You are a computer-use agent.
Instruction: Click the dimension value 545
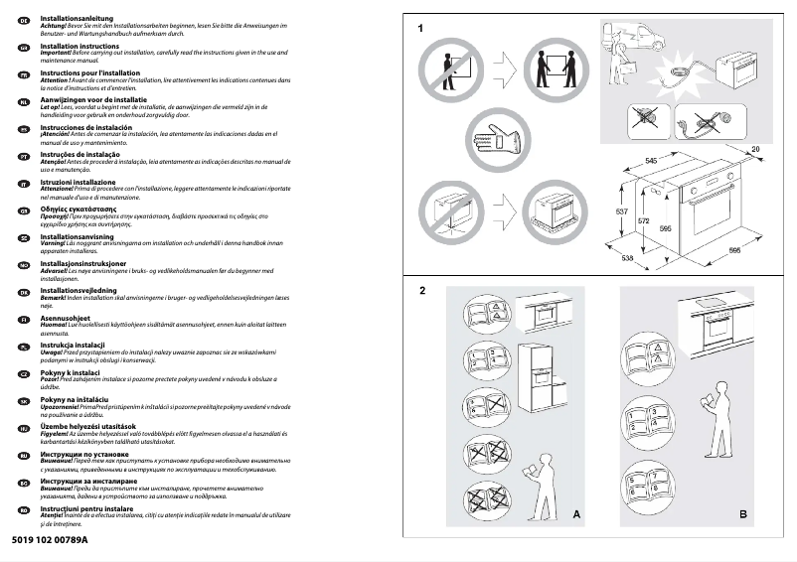pyautogui.click(x=652, y=160)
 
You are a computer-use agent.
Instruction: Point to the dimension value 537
pyautogui.click(x=621, y=213)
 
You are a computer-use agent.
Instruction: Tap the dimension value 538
pyautogui.click(x=628, y=259)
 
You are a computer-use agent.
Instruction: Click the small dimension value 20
pyautogui.click(x=755, y=149)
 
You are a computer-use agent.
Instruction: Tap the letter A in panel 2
pyautogui.click(x=576, y=514)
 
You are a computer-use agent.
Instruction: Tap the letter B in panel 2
pyautogui.click(x=743, y=514)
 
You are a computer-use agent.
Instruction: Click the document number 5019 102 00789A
pyautogui.click(x=52, y=539)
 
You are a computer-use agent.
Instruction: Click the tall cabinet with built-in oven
pyautogui.click(x=545, y=382)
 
